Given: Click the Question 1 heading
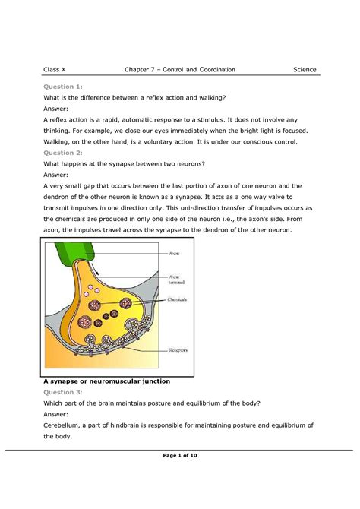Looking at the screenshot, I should (x=64, y=87).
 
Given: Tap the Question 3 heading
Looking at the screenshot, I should (x=64, y=392).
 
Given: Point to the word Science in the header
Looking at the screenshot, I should (x=305, y=70).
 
